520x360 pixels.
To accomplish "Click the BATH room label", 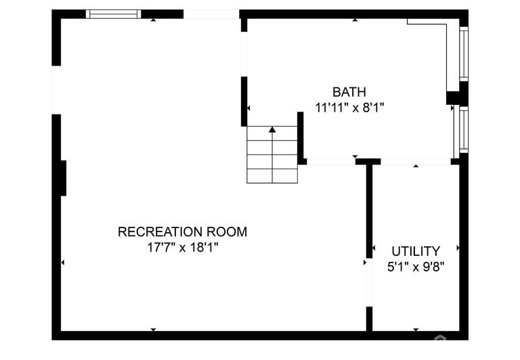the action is pyautogui.click(x=349, y=92).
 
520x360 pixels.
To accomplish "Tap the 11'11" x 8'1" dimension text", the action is pyautogui.click(x=349, y=108).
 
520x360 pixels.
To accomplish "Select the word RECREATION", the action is pyautogui.click(x=160, y=231).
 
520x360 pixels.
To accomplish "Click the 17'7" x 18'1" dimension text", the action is pyautogui.click(x=183, y=247).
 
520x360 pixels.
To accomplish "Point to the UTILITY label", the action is pyautogui.click(x=416, y=251).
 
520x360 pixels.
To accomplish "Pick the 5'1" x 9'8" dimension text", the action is pyautogui.click(x=416, y=267).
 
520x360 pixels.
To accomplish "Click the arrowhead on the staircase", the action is pyautogui.click(x=272, y=129).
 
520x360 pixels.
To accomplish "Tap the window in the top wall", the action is pyautogui.click(x=114, y=14).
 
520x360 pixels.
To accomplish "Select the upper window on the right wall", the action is pyautogui.click(x=464, y=53).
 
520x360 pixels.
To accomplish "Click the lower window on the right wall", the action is pyautogui.click(x=464, y=129).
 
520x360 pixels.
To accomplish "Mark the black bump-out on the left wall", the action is pyautogui.click(x=64, y=178).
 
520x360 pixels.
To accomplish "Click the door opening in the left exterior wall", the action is pyautogui.click(x=56, y=90).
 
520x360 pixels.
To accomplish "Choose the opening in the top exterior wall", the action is pyautogui.click(x=211, y=14).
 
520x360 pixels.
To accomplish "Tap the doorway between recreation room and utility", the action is pyautogui.click(x=369, y=282).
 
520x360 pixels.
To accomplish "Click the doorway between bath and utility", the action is pyautogui.click(x=416, y=162).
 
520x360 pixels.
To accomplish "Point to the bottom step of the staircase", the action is pyautogui.click(x=272, y=176).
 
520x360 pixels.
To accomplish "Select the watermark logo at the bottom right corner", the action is pyautogui.click(x=440, y=338).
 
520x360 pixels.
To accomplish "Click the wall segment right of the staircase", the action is pyautogui.click(x=301, y=138).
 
